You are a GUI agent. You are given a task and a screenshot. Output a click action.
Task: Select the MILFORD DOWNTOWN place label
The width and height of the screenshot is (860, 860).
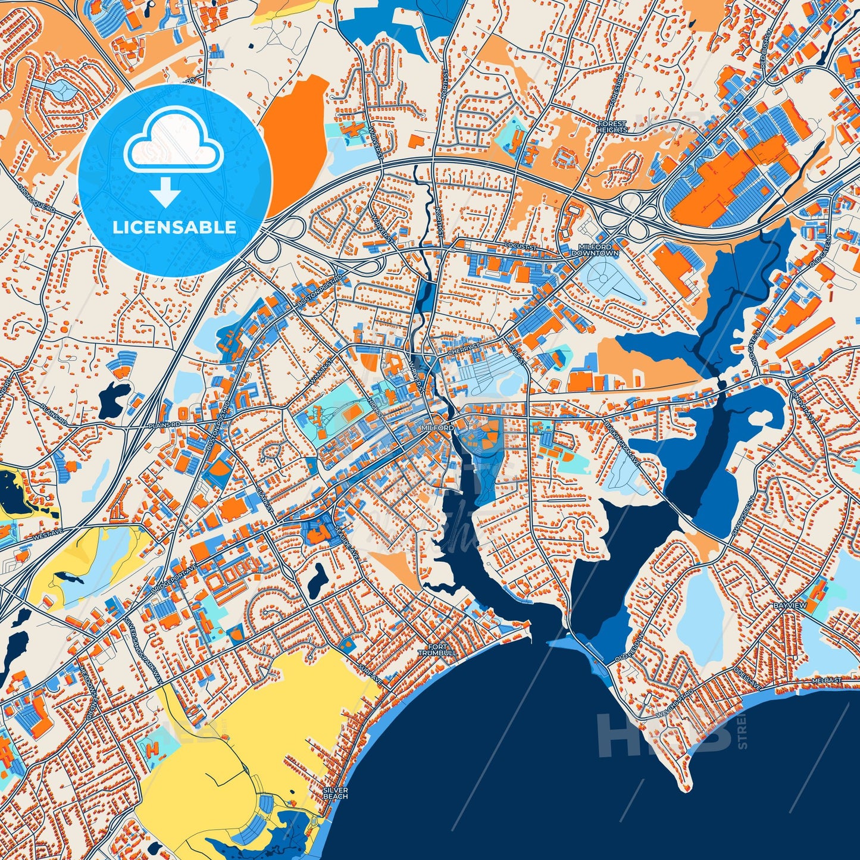(595, 250)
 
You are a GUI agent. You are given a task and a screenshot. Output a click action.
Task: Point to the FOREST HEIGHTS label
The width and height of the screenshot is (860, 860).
(612, 127)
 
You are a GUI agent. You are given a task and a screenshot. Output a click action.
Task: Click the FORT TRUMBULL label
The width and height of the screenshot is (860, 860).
(437, 650)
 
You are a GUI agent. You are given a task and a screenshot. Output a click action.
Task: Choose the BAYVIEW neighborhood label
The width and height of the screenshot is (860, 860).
(790, 605)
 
